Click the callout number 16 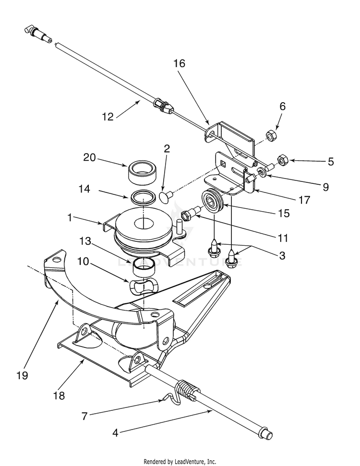coord(179,63)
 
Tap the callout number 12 coord(108,117)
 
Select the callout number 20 coord(89,157)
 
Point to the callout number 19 coord(22,375)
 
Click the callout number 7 coord(84,416)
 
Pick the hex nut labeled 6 coord(271,135)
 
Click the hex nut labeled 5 coord(281,160)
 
